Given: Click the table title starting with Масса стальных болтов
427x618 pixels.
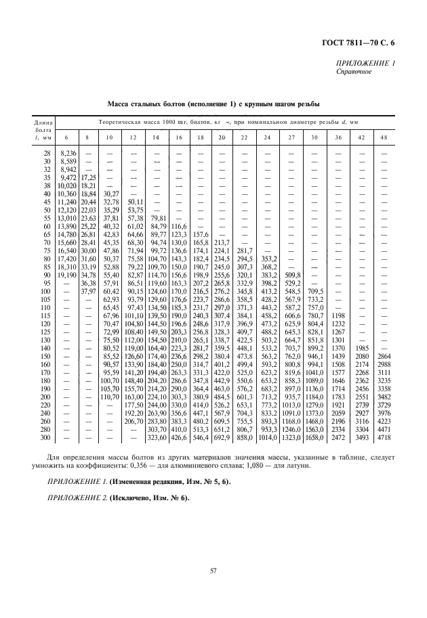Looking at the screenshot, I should [213, 104].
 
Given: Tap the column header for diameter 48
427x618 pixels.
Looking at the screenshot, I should [384, 137].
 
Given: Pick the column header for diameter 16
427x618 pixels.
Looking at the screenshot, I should [179, 137].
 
